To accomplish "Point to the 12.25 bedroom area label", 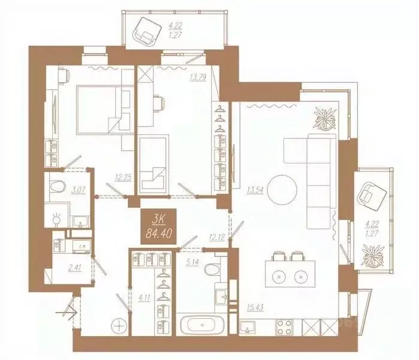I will pos(124,177).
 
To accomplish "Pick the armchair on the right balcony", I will pos(372,196).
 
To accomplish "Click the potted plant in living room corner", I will pos(326,118).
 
